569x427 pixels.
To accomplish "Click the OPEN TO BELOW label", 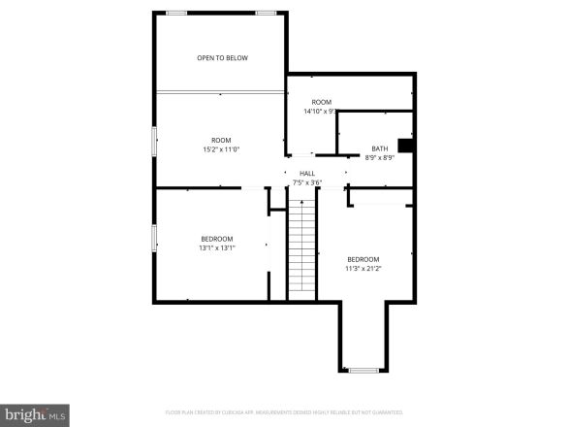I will [222, 58].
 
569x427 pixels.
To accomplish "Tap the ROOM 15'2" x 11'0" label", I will [222, 145].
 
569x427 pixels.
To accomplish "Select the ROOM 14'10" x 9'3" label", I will [321, 107].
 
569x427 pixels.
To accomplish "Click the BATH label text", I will [379, 148].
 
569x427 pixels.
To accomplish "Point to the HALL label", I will [306, 174].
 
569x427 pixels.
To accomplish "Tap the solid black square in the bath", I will [406, 146].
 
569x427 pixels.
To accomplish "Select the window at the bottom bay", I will [364, 370].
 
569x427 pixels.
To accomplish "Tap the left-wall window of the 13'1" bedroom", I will [154, 238].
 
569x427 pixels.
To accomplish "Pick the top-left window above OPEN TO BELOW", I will [176, 13].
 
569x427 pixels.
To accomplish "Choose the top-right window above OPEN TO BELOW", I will [267, 13].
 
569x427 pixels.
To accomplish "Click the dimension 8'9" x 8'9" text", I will [379, 157].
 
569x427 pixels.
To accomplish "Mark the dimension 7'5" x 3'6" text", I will [306, 182].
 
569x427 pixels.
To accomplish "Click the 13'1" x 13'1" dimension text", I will [216, 247].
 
